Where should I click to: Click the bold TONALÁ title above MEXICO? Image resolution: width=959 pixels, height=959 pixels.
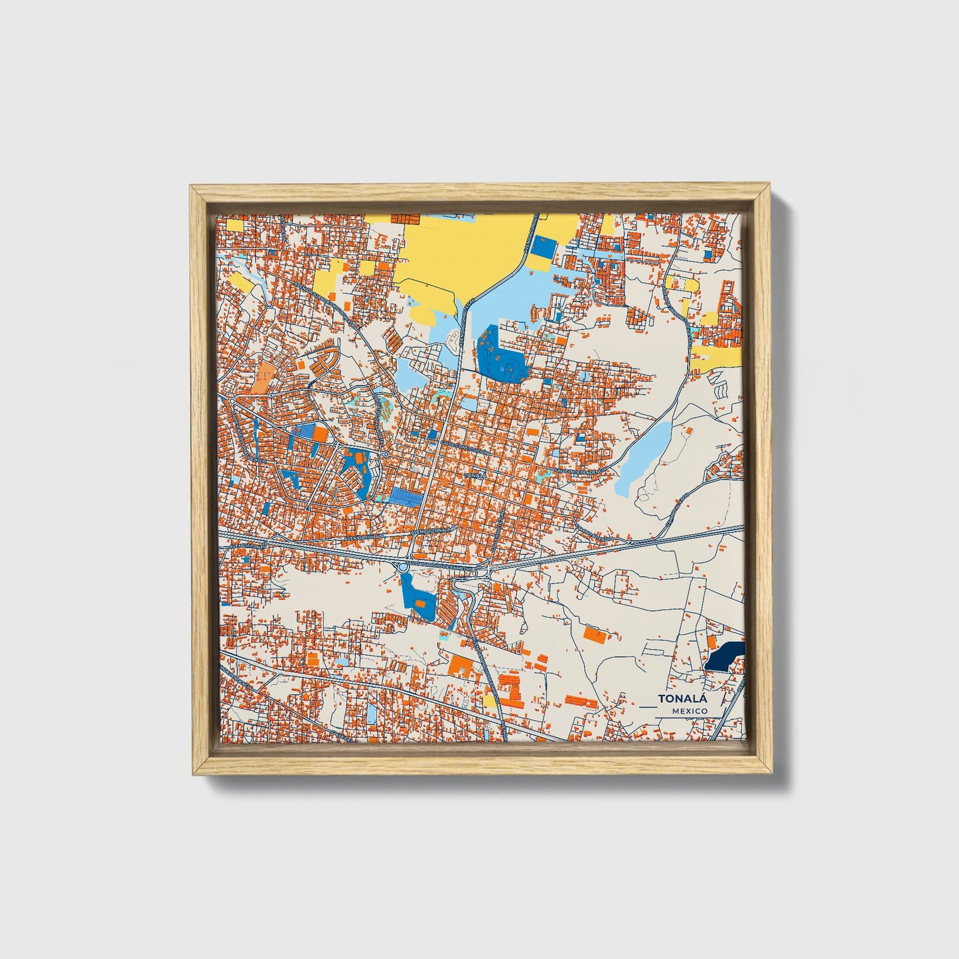pyautogui.click(x=683, y=699)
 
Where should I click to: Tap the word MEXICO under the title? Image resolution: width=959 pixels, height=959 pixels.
pyautogui.click(x=689, y=711)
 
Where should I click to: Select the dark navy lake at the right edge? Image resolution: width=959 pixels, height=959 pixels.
pyautogui.click(x=724, y=656)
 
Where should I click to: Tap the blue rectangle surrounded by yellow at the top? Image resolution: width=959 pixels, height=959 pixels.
pyautogui.click(x=546, y=247)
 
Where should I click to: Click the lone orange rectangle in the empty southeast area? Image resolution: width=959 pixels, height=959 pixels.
pyautogui.click(x=595, y=634)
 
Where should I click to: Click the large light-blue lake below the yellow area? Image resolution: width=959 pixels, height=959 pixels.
pyautogui.click(x=511, y=299)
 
